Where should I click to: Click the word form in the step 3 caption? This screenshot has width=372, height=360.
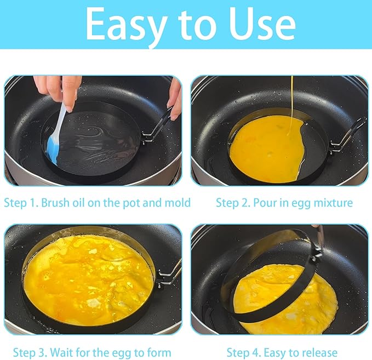[x=159, y=352]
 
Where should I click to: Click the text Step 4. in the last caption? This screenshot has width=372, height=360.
[x=244, y=353]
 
